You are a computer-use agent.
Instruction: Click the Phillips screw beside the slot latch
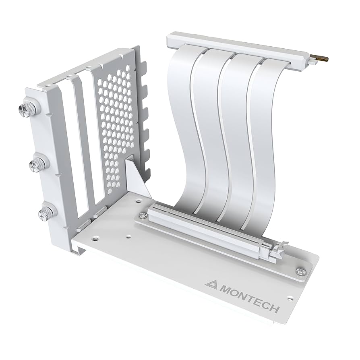300,272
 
